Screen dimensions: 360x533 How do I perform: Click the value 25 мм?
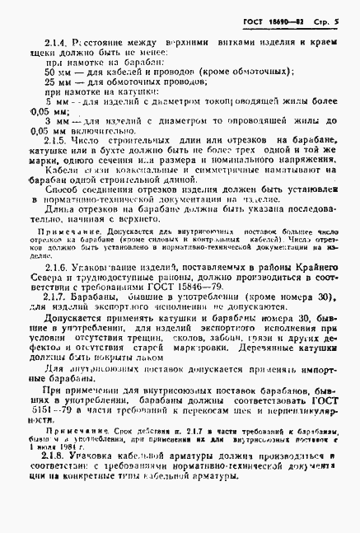pos(61,83)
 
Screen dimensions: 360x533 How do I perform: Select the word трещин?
pos(185,351)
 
